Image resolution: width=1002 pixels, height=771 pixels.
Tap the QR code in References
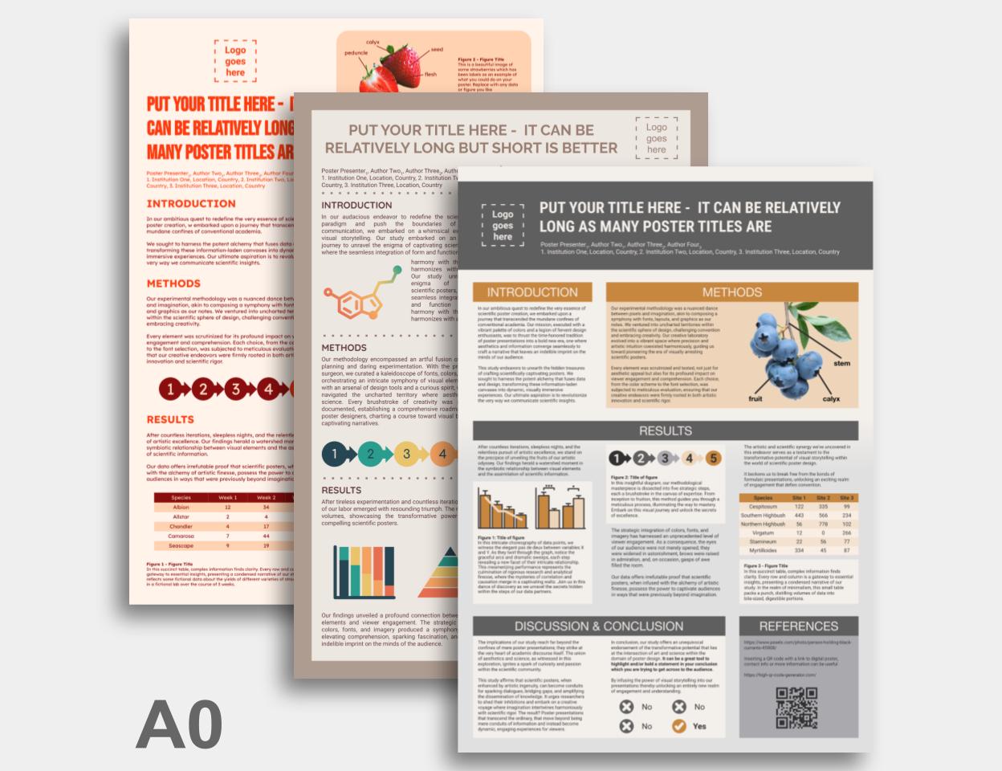(x=797, y=708)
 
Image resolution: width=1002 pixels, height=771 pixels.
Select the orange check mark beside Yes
(x=679, y=726)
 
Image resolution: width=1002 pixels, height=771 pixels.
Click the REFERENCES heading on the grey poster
(x=798, y=626)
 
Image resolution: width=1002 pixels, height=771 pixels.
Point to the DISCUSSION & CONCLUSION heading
(x=599, y=626)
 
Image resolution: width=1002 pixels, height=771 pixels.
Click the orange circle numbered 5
(x=714, y=459)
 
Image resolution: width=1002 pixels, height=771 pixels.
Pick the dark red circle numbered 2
(x=204, y=390)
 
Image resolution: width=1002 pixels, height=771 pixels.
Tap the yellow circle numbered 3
(x=406, y=455)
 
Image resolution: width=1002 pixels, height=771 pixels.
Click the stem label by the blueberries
(x=841, y=364)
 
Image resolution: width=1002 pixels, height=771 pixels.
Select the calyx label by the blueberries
(x=831, y=399)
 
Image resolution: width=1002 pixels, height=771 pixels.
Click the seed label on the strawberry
(x=437, y=50)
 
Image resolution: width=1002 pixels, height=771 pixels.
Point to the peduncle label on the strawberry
(x=356, y=53)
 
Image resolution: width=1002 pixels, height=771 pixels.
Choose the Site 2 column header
(x=823, y=498)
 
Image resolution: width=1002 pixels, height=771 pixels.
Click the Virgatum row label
(x=763, y=533)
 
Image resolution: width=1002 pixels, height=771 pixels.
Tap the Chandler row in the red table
(x=181, y=527)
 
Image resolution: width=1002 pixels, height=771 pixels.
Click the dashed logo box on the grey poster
(x=503, y=225)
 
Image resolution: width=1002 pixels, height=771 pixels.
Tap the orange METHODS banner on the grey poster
(x=731, y=292)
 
